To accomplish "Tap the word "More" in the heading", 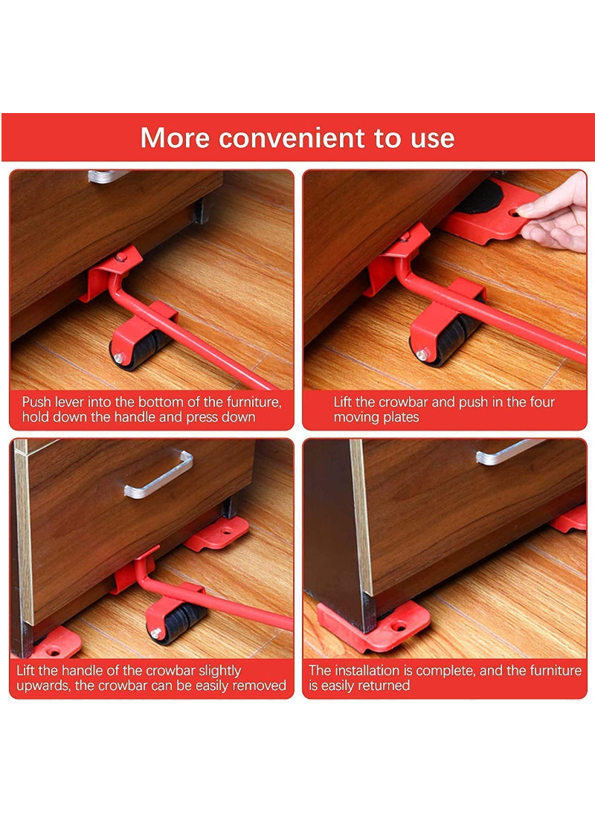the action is pos(175,138).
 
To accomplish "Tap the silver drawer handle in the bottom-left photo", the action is pos(158,475).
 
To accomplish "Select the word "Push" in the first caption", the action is pos(36,402).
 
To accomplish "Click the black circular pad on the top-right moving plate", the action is pos(480,196).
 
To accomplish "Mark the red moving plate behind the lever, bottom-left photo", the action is pos(217,533).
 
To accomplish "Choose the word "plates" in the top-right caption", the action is pos(402,417).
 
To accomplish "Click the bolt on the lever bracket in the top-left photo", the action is pos(121,257).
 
